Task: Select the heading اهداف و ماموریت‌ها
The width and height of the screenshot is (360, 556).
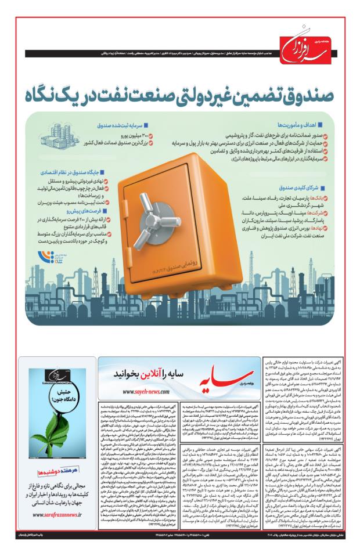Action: point(297,124)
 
